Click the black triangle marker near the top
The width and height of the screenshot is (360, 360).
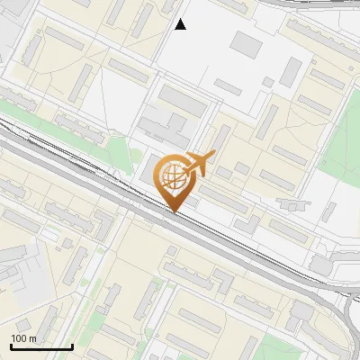coord(181,24)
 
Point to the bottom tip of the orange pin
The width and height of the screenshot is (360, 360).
coord(175,212)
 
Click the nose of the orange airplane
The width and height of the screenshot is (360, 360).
coord(212,155)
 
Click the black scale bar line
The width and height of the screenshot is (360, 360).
coord(41,346)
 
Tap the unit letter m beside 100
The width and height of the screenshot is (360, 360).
coord(32,338)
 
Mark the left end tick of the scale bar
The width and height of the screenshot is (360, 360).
coord(11,345)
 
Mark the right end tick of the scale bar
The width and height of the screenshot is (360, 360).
coord(72,345)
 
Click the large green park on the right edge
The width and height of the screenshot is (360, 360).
coord(342,144)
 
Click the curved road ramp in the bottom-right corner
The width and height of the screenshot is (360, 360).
coord(346,315)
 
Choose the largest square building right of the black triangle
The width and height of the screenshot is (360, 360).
coord(247,44)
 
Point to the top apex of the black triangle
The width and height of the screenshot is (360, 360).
coord(181,19)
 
